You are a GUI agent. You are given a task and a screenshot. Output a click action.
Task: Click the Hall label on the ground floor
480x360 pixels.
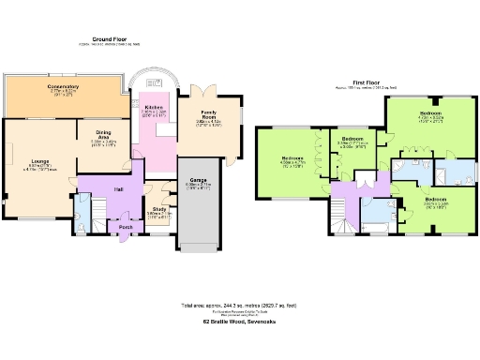click(120, 189)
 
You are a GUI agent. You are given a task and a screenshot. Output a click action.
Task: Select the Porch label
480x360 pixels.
click(125, 226)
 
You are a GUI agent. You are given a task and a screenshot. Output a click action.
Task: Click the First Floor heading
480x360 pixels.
click(366, 82)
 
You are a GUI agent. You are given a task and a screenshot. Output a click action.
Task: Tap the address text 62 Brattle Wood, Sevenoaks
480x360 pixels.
click(239, 321)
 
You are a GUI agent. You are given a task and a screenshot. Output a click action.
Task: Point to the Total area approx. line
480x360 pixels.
click(239, 306)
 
